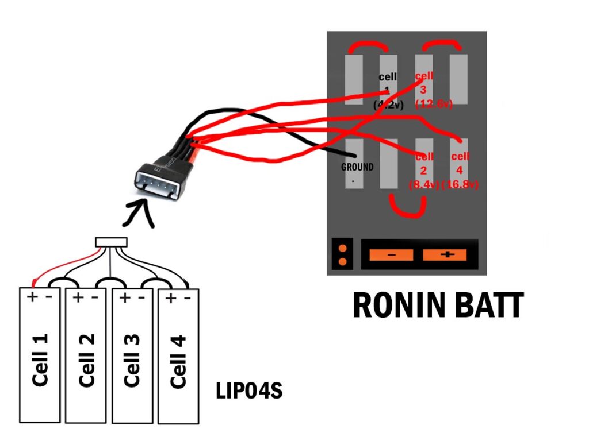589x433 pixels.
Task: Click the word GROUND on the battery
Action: tap(357, 167)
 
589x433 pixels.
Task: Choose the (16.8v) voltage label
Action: tap(460, 185)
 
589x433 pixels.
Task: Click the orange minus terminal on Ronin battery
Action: tap(391, 254)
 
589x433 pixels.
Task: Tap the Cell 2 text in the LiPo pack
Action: tap(86, 360)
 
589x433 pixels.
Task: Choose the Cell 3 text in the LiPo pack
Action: tap(132, 360)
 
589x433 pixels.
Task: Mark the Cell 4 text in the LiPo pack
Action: tap(178, 360)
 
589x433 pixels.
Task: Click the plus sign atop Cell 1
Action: tap(32, 297)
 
